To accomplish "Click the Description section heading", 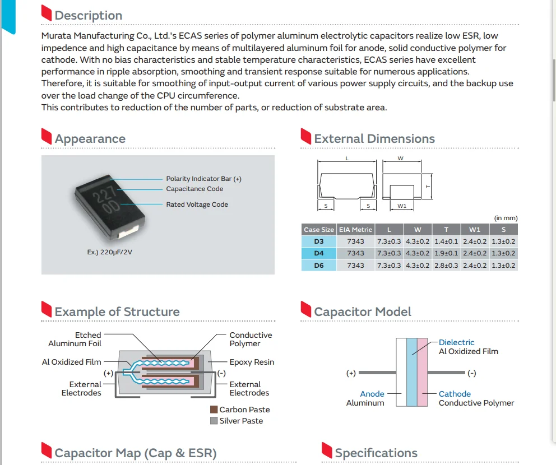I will (88, 15).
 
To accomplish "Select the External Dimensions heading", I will (374, 138).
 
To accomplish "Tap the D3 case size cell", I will (318, 241).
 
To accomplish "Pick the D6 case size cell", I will (318, 265).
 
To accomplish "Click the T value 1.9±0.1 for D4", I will (447, 253).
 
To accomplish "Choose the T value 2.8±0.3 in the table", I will (447, 265).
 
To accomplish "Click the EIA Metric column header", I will (355, 230).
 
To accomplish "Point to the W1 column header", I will (475, 230).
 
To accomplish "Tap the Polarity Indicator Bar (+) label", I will (203, 179).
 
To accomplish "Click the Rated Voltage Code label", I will (197, 204).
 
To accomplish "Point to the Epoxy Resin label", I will (252, 362).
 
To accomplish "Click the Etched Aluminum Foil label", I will (75, 340).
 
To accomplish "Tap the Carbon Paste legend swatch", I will (214, 410).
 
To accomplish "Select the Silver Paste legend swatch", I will (214, 421).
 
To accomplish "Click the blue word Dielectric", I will (456, 342).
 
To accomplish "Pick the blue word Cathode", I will (455, 394).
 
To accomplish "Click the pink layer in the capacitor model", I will (422, 373).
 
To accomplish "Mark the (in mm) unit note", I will (506, 218).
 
